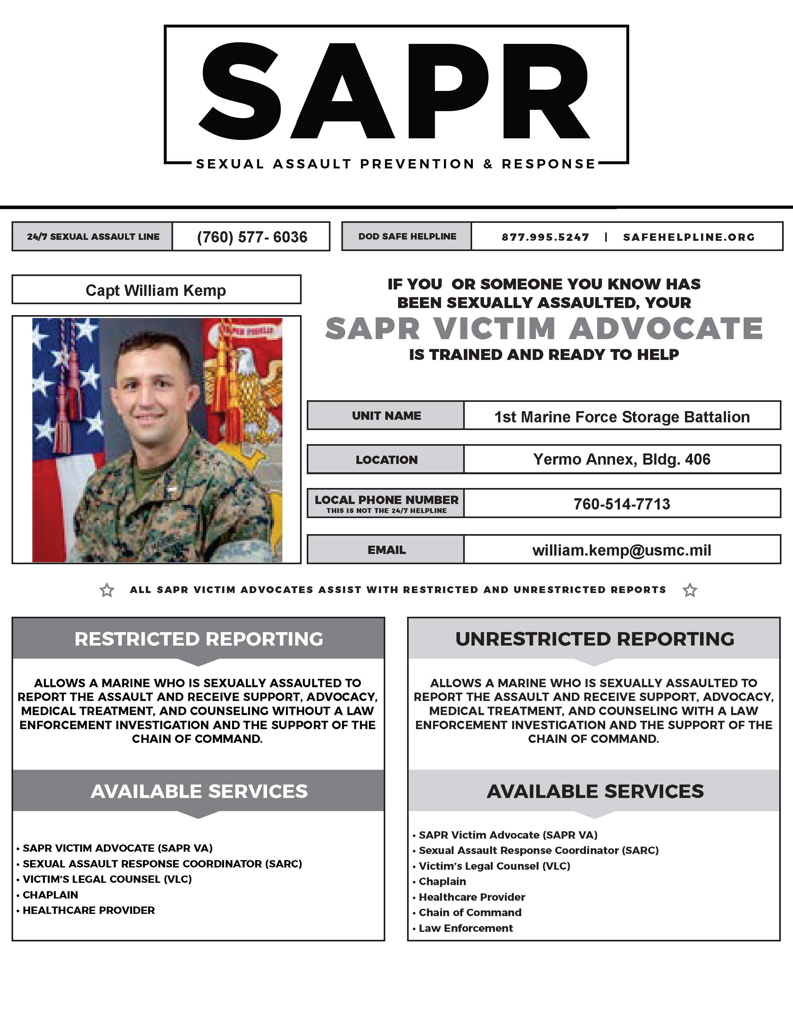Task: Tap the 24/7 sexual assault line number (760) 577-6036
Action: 252,237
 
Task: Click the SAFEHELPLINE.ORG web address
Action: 689,237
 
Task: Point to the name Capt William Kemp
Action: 155,290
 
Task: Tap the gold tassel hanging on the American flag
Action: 66,413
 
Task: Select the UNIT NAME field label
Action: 386,416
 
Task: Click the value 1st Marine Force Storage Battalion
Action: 622,417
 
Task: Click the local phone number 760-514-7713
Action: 622,504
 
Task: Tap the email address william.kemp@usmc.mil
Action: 622,550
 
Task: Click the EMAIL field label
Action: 386,550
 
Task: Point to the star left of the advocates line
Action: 107,590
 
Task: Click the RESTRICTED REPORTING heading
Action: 199,639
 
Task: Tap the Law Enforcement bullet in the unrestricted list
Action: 465,928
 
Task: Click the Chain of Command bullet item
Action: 470,912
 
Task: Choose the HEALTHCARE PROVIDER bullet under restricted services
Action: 88,910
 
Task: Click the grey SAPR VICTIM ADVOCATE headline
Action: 544,329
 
